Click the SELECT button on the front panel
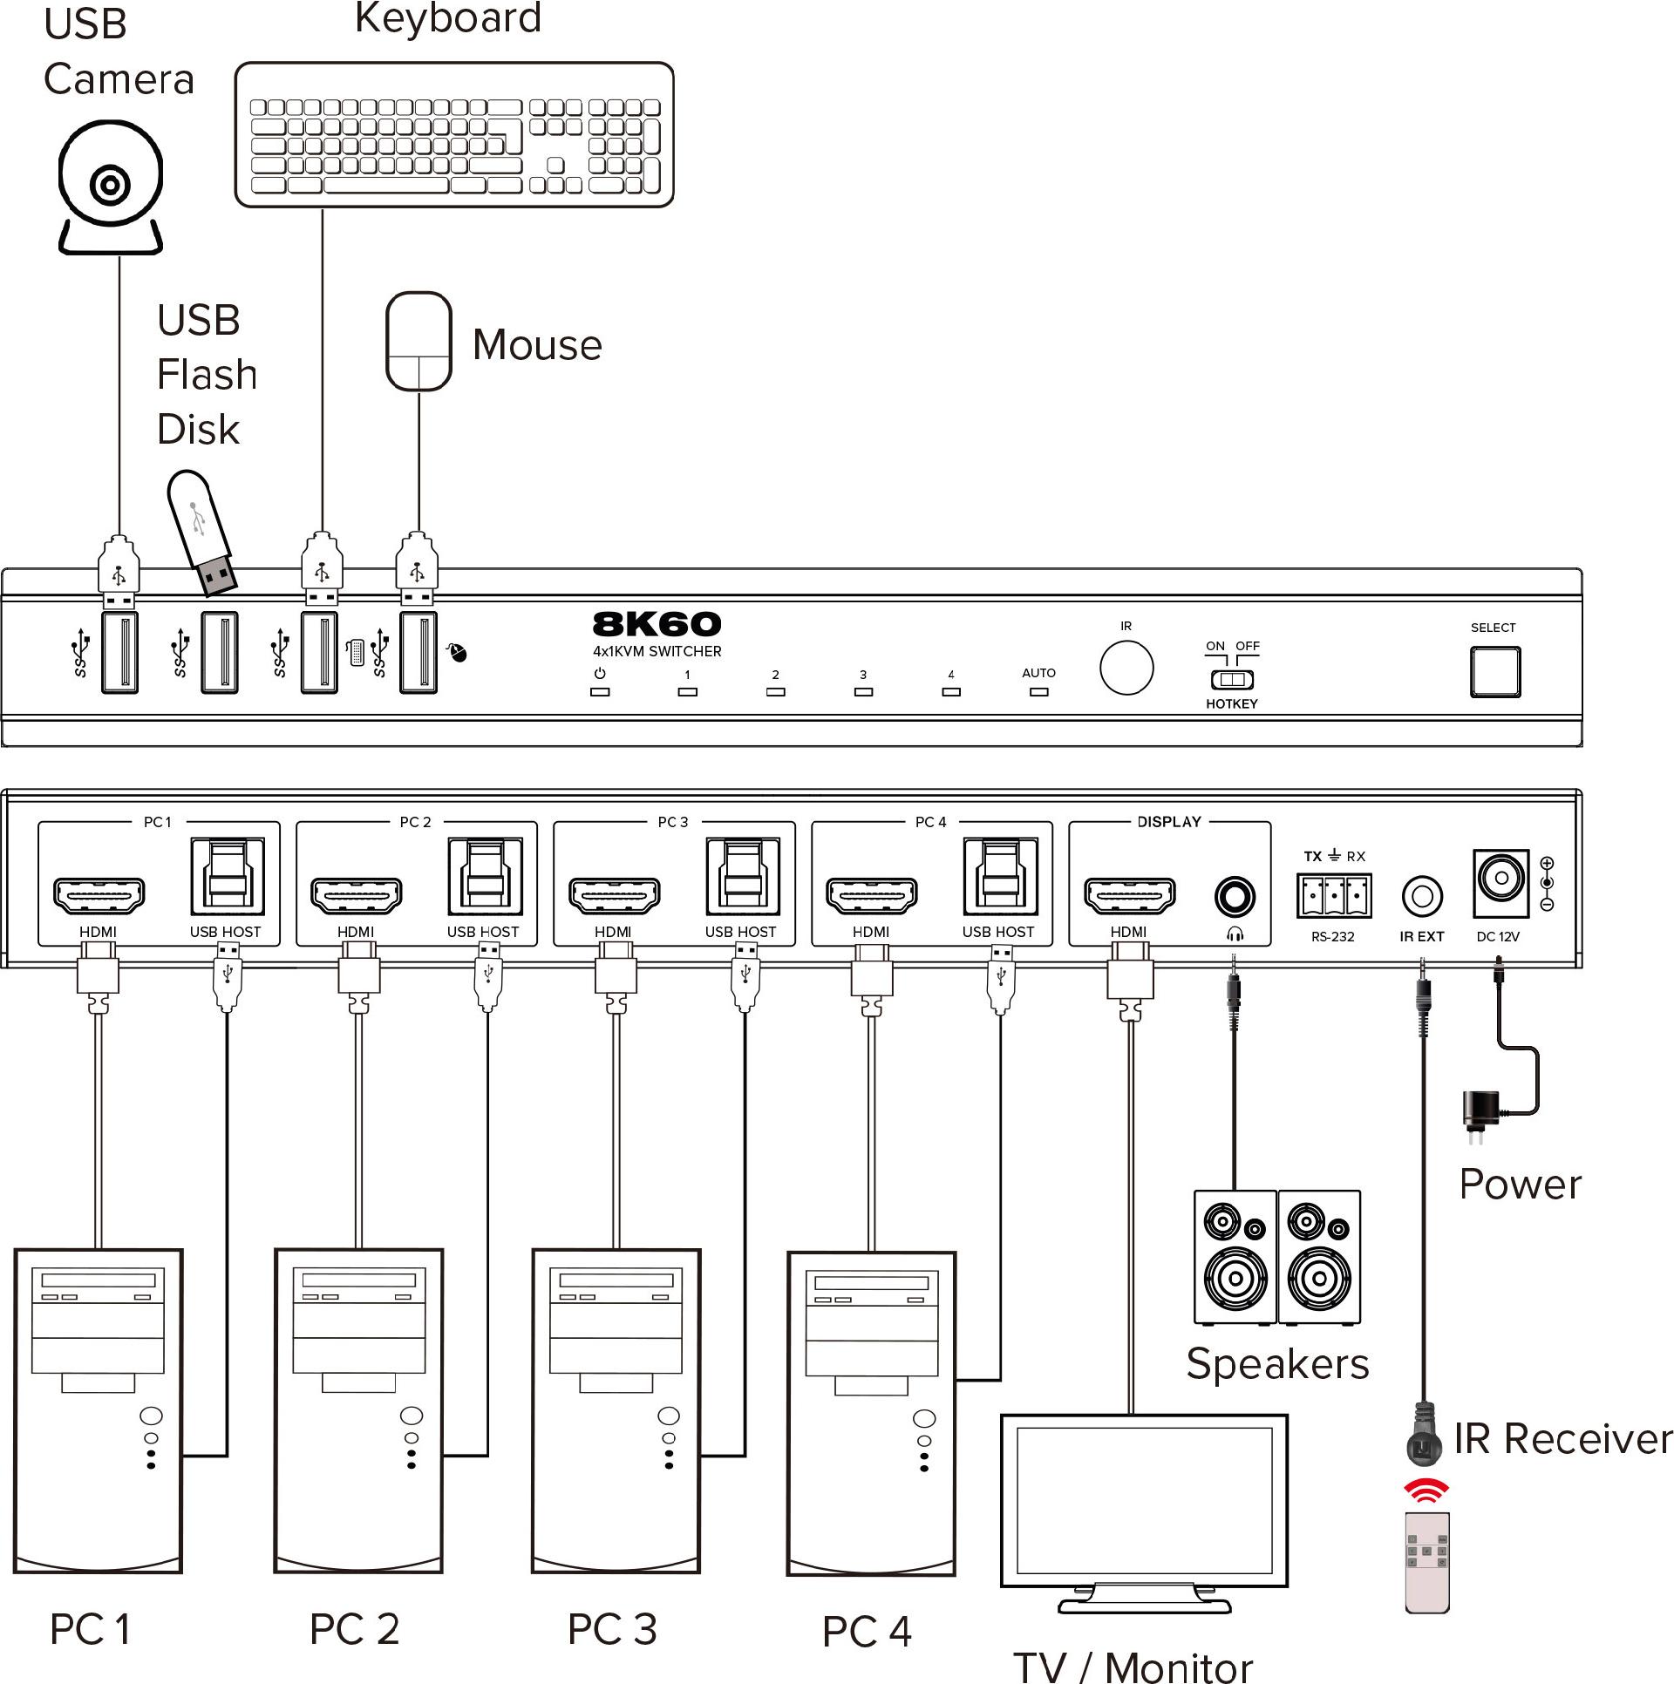1495,672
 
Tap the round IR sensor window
1126,668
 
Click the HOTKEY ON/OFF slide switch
1232,680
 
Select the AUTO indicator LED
1038,692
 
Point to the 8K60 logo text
657,624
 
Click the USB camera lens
111,184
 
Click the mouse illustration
419,341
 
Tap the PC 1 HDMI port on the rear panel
99,895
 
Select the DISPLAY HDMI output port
1129,895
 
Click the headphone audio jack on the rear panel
1235,897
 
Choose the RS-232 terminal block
1334,896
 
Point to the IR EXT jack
1422,896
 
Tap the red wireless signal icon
1426,1491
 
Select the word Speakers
1277,1364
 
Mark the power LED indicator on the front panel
600,692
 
